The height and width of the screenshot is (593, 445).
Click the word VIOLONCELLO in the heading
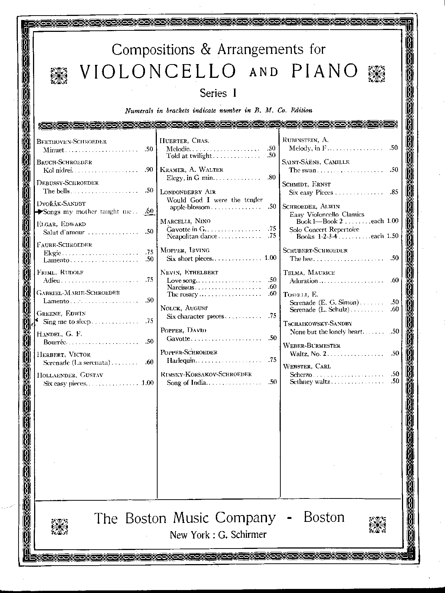(158, 71)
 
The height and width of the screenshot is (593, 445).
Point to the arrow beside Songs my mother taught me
(39, 212)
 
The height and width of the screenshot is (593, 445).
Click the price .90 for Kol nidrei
(149, 170)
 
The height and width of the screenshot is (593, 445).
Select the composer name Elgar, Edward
(61, 224)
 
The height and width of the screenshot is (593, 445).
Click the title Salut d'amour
(64, 232)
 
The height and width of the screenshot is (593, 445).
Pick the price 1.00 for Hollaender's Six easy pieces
(147, 383)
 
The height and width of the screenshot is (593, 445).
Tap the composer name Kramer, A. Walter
(191, 170)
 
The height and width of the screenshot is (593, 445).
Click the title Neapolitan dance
(192, 236)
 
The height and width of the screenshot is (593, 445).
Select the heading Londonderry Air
(188, 192)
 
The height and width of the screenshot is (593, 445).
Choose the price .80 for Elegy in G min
(272, 177)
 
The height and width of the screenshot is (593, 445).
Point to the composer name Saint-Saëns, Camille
(316, 162)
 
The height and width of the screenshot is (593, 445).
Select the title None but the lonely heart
(326, 332)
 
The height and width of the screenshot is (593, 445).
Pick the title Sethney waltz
(310, 381)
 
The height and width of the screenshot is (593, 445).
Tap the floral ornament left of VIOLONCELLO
(59, 75)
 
